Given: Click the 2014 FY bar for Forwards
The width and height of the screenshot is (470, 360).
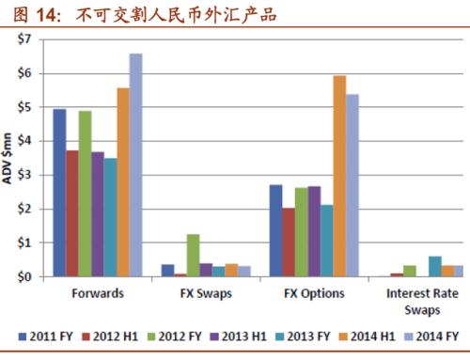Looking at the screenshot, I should [135, 165].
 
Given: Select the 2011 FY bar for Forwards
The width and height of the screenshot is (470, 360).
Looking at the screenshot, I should [59, 193].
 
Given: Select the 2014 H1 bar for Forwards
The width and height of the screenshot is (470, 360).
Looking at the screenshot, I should [123, 182].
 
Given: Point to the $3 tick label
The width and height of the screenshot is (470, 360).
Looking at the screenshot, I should [24, 176].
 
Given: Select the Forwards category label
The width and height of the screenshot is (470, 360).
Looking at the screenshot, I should [98, 293].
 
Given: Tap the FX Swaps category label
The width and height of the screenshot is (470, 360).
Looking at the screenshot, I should [206, 293].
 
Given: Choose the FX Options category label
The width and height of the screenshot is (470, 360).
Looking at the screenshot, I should [313, 293].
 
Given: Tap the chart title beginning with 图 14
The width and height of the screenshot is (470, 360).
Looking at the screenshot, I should [141, 14].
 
